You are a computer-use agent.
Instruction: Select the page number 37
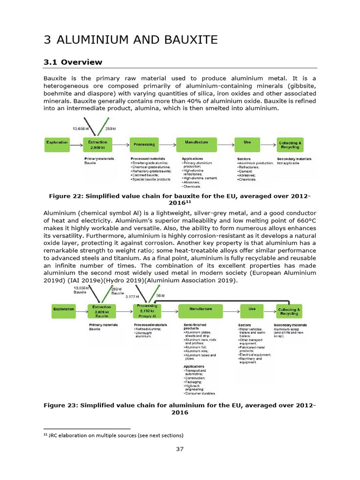point(180,449)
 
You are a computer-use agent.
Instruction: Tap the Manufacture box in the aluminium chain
point(201,309)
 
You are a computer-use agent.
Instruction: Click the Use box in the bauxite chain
point(247,142)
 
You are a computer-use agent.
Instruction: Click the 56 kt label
point(161,296)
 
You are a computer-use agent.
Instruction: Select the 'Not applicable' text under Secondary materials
point(288,163)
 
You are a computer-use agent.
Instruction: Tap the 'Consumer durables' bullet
point(201,393)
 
